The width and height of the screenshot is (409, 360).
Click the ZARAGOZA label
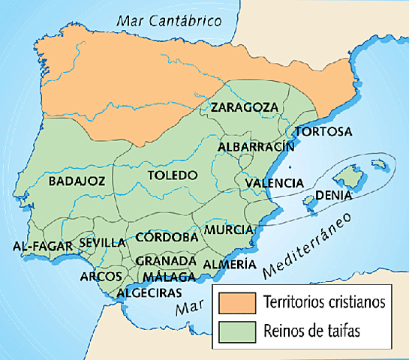pyautogui.click(x=244, y=107)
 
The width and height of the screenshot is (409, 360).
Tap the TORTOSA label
pyautogui.click(x=323, y=132)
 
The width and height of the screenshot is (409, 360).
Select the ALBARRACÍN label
pyautogui.click(x=256, y=147)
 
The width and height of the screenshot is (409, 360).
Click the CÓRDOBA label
pyautogui.click(x=167, y=237)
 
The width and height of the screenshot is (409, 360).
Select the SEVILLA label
pyautogui.click(x=101, y=242)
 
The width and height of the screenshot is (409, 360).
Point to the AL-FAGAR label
pyautogui.click(x=43, y=245)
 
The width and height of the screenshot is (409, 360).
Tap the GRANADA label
pyautogui.click(x=166, y=260)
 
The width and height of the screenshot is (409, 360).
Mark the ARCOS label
pyautogui.click(x=101, y=276)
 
